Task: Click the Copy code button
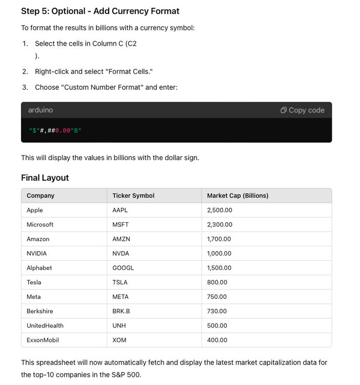click(x=303, y=110)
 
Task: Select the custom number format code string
click(x=55, y=130)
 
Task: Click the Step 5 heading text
click(x=100, y=11)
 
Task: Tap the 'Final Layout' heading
click(x=45, y=178)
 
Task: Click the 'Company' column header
click(x=41, y=196)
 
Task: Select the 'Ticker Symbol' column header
click(x=133, y=196)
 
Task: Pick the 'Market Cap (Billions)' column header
click(x=237, y=196)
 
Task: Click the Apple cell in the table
click(x=35, y=210)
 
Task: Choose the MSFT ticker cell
click(x=121, y=224)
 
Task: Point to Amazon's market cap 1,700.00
click(x=219, y=239)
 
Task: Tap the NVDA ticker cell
click(x=121, y=254)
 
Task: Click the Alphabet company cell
click(x=39, y=268)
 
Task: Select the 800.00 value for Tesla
click(x=217, y=282)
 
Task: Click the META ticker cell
click(x=121, y=297)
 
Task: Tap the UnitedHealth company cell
click(x=45, y=325)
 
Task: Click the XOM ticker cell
click(x=119, y=340)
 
